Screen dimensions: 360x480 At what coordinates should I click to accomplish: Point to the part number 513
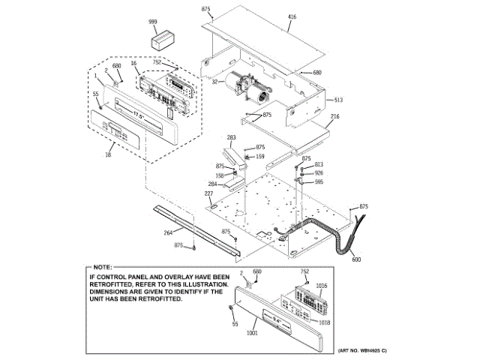pyautogui.click(x=338, y=100)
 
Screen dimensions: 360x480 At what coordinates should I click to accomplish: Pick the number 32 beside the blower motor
pyautogui.click(x=214, y=82)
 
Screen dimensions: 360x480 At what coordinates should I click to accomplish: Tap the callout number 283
pyautogui.click(x=232, y=137)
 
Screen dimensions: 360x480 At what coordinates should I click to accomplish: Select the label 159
pyautogui.click(x=260, y=156)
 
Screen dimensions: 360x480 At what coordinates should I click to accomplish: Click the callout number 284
pyautogui.click(x=212, y=184)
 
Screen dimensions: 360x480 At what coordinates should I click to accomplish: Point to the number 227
pyautogui.click(x=208, y=194)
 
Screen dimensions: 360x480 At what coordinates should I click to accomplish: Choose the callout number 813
pyautogui.click(x=319, y=164)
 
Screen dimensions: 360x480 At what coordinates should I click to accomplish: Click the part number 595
pyautogui.click(x=319, y=181)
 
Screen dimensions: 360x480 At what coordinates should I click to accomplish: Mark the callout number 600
pyautogui.click(x=356, y=259)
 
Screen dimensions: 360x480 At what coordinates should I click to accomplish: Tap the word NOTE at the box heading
pyautogui.click(x=102, y=267)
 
